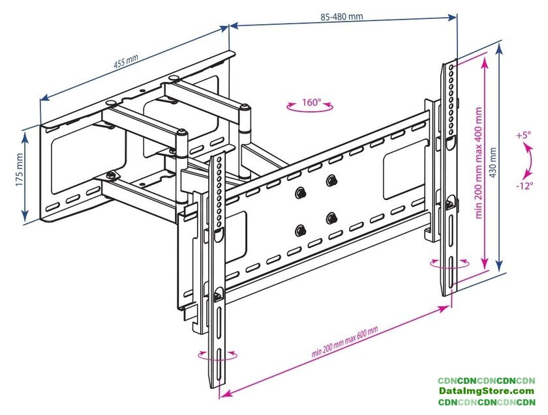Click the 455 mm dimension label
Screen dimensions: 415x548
(x=126, y=63)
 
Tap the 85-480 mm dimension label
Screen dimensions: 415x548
(x=341, y=16)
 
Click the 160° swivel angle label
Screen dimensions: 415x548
(x=311, y=102)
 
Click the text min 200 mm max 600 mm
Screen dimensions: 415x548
(x=344, y=342)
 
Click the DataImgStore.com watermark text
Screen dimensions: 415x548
(x=486, y=391)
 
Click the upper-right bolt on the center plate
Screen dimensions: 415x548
(x=332, y=180)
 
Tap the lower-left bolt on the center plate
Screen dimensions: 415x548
(x=301, y=229)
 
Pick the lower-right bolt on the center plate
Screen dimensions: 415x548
(x=332, y=217)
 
